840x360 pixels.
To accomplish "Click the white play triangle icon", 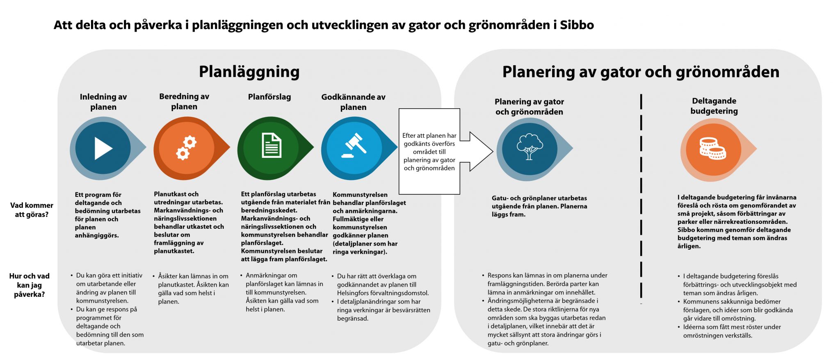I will (x=103, y=148).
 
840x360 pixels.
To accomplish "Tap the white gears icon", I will (x=186, y=148).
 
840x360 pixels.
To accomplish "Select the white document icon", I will (x=271, y=145).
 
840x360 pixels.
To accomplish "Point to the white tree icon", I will (x=530, y=146).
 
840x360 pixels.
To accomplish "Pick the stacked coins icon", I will (x=712, y=148).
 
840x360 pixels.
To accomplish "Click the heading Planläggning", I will (x=249, y=72).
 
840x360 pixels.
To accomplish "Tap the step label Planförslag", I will (x=269, y=97).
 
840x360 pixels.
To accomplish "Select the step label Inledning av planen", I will (x=103, y=102).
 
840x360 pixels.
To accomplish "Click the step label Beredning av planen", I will (x=184, y=102).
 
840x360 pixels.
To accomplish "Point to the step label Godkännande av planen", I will (x=353, y=102).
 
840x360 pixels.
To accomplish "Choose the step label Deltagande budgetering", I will (x=714, y=106).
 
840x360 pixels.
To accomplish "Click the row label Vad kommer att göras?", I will (x=32, y=210).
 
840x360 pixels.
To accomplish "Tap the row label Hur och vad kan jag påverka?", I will (x=29, y=285).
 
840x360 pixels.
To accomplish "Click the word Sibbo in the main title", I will (x=577, y=25).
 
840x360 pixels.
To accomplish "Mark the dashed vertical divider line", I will (x=641, y=197).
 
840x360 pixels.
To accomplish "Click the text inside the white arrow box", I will (x=429, y=152).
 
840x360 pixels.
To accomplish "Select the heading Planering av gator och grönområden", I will (x=641, y=72).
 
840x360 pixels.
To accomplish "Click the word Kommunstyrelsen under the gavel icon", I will (x=354, y=195).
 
